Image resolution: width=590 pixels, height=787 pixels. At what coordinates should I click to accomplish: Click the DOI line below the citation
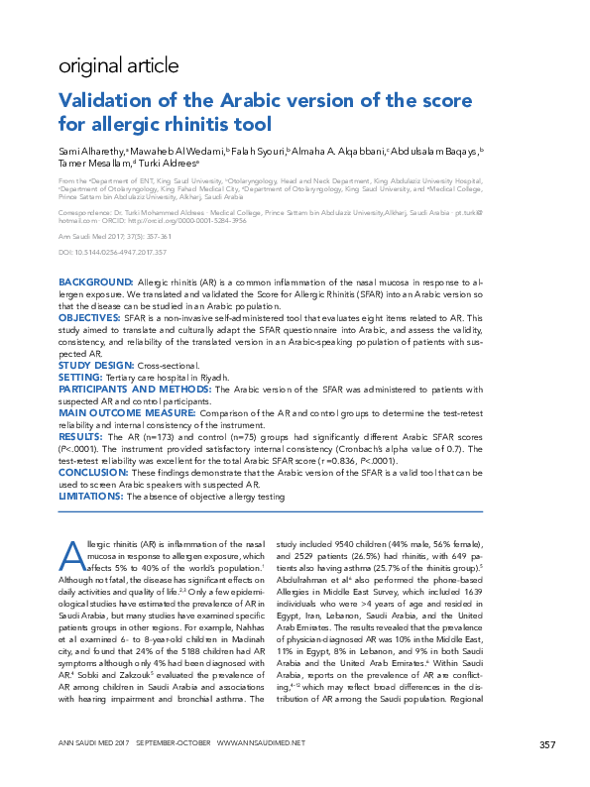111,253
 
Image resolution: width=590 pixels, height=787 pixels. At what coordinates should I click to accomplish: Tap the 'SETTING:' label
80,377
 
